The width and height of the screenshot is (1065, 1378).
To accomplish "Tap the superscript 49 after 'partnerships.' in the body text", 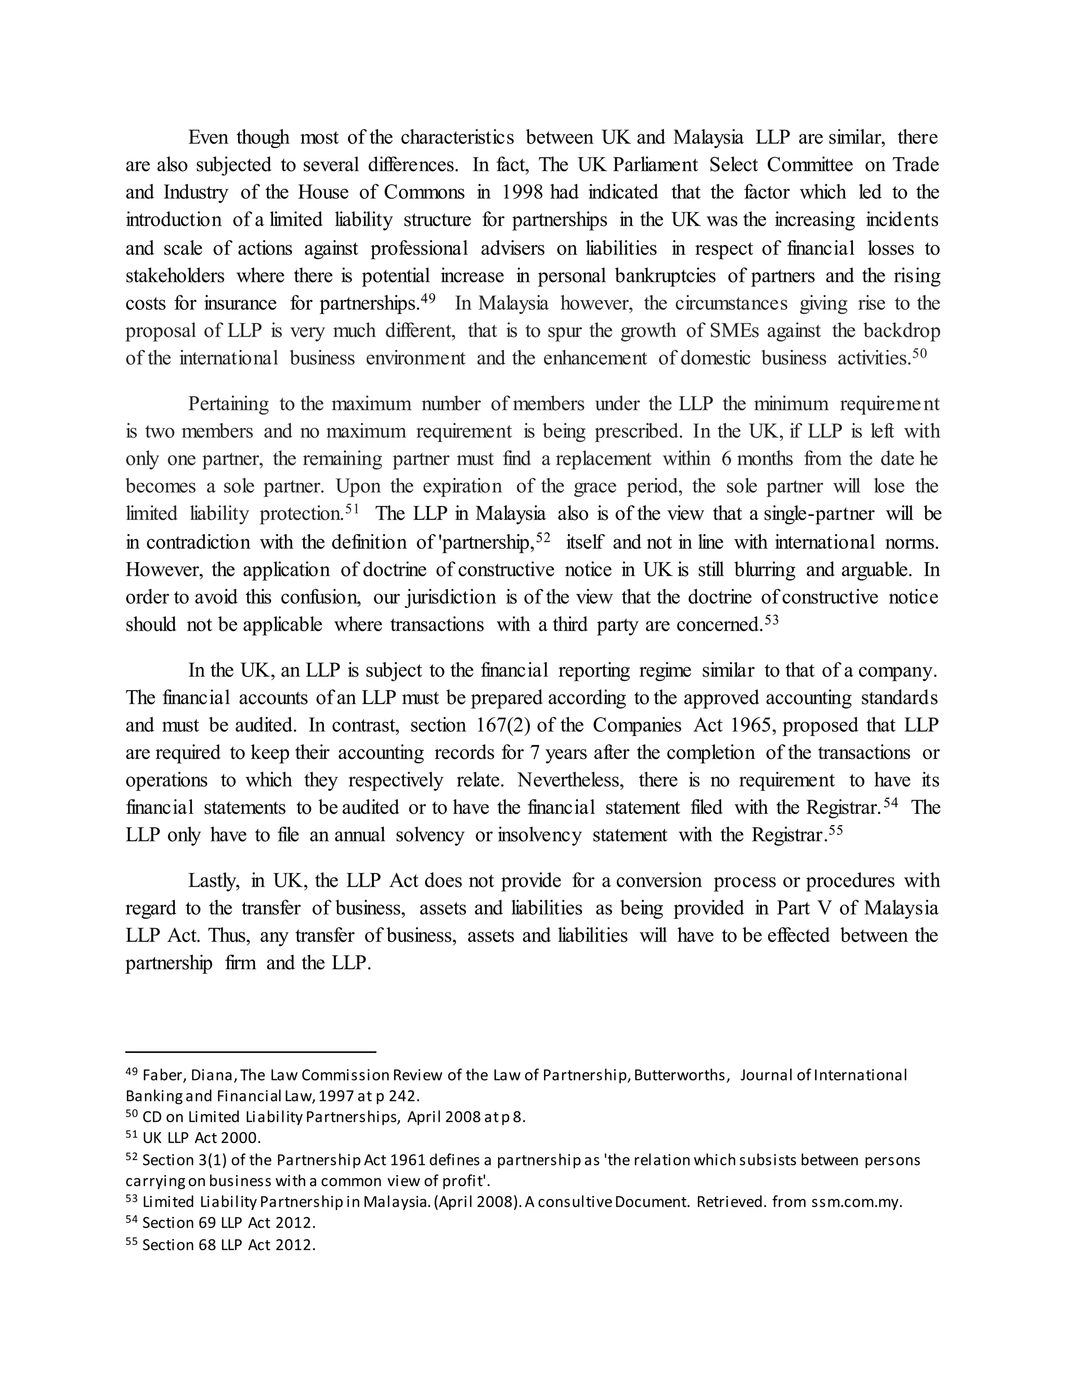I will [x=428, y=299].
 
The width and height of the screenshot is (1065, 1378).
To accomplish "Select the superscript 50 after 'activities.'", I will [x=919, y=353].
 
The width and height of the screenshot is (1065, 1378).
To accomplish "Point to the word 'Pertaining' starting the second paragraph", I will [x=228, y=404].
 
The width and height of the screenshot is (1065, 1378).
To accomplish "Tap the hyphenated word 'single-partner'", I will [x=819, y=514].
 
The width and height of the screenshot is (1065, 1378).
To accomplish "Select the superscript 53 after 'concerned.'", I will [x=772, y=620].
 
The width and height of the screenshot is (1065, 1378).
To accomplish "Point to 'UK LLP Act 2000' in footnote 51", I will [x=201, y=1138].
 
